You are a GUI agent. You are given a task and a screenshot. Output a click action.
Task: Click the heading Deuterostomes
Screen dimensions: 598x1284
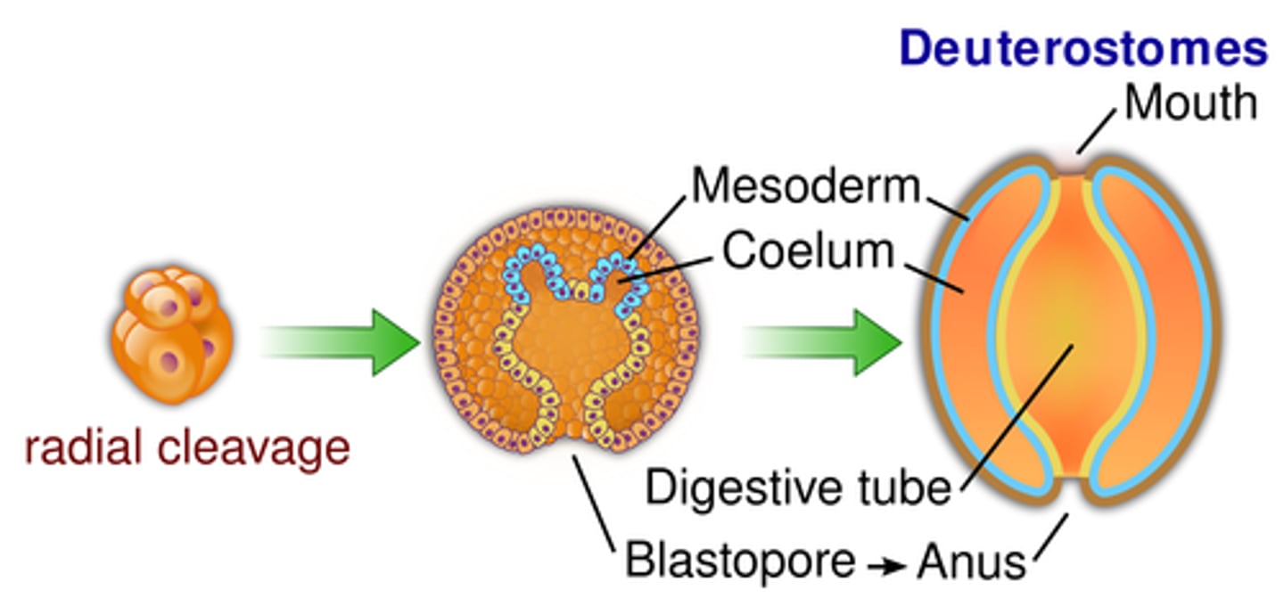coord(1082,50)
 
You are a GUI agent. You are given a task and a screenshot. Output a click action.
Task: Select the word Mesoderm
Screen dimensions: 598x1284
coord(806,187)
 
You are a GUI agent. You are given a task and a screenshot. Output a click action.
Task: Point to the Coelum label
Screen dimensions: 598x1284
coord(808,252)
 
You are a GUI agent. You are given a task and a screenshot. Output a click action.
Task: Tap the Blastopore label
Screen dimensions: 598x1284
coord(739,561)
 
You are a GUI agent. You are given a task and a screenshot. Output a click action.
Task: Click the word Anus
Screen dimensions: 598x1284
coord(972,562)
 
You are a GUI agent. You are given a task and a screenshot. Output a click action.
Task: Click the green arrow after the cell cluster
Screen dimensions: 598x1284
coord(343,341)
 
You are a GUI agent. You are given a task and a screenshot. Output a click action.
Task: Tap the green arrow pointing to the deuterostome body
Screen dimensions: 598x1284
coord(825,342)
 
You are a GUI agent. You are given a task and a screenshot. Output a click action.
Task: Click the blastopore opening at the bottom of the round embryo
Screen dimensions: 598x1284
coord(571,438)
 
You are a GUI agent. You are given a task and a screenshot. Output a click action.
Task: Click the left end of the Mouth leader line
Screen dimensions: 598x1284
coord(1079,152)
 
